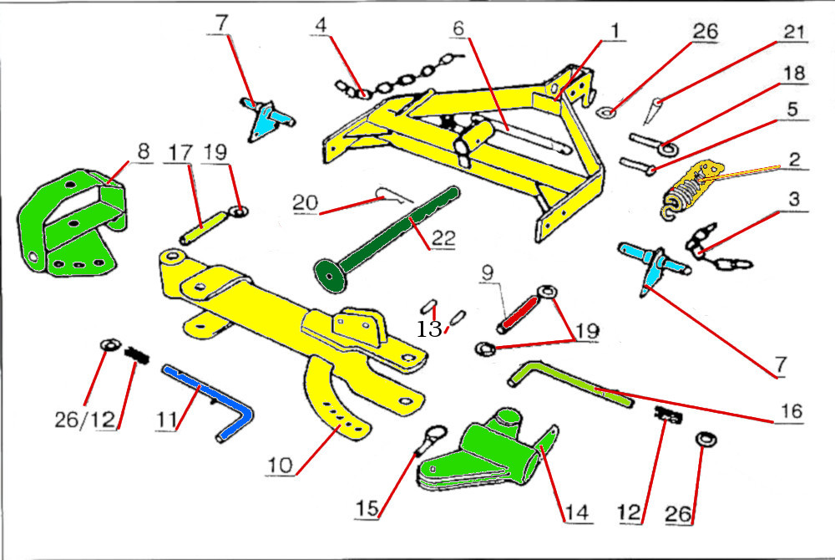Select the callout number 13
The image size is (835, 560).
429,328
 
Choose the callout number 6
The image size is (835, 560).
458,28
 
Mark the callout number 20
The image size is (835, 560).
304,202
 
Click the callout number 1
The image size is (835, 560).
614,31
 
